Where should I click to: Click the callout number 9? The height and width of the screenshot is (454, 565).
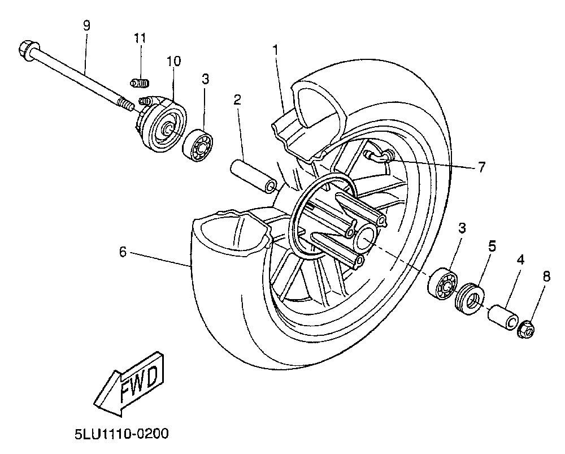coord(86,25)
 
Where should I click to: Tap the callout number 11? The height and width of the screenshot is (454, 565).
coord(140,38)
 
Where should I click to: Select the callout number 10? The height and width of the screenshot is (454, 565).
coord(173,60)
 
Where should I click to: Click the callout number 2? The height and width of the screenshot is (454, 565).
coord(237,100)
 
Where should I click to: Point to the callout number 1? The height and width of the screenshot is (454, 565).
coord(275,50)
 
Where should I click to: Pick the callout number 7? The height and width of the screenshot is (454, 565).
coord(481,167)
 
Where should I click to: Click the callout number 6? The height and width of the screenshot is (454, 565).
coord(123,253)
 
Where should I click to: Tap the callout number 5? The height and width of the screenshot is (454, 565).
coord(492,246)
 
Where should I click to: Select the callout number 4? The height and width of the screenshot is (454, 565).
coord(520,260)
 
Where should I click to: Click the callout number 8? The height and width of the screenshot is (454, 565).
coord(546,276)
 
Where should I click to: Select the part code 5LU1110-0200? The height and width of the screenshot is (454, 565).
coord(121,434)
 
